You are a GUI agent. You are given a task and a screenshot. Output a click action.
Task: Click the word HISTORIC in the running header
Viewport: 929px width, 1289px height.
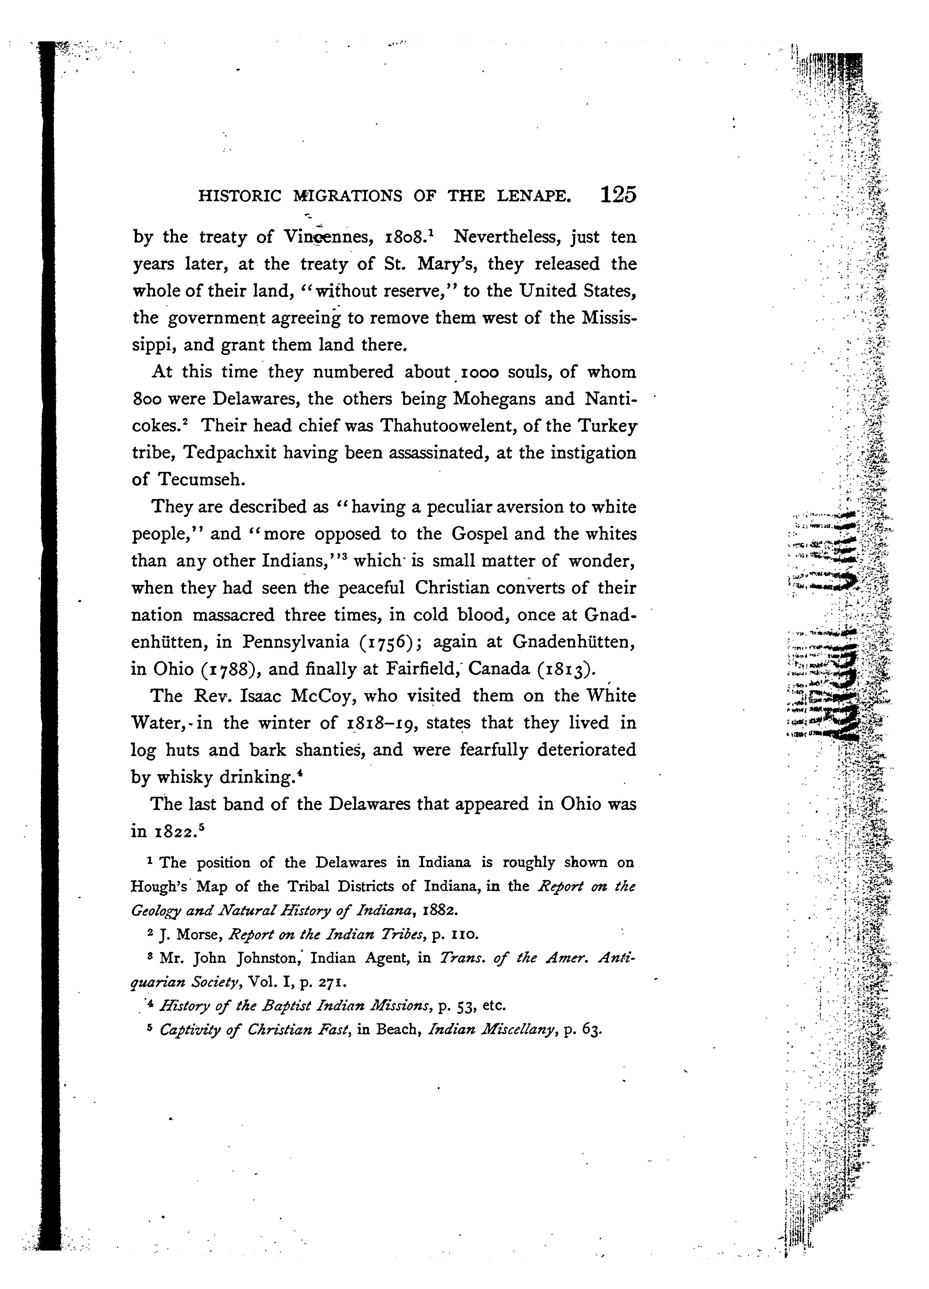click(x=239, y=197)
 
